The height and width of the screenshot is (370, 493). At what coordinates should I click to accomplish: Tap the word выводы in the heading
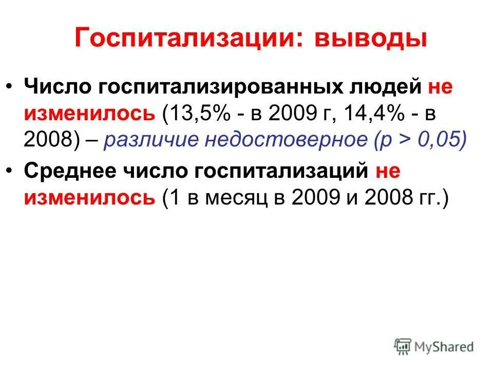pos(370,40)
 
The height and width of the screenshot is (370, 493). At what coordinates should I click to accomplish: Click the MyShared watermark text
pos(446,347)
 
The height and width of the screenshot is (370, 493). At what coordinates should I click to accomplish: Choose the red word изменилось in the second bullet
pos(89,198)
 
